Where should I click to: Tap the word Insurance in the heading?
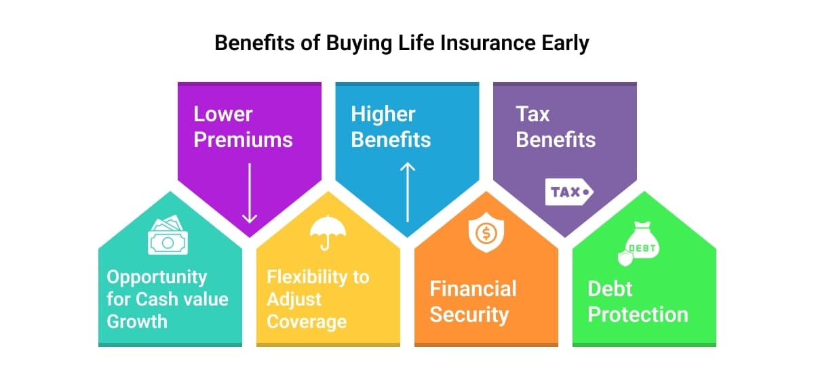tap(488, 43)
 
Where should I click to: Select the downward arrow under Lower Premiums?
tap(250, 193)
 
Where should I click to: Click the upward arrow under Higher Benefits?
tap(408, 192)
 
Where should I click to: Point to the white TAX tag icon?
tap(569, 192)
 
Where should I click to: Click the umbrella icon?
tap(328, 233)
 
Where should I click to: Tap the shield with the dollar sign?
tap(486, 233)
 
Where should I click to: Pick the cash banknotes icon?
tap(168, 234)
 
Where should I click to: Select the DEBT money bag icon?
tap(638, 243)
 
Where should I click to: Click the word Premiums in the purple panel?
tap(243, 140)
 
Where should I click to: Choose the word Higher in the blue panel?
tap(383, 115)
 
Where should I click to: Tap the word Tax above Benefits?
tap(532, 114)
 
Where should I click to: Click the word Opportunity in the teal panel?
tap(157, 278)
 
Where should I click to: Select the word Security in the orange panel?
tap(469, 315)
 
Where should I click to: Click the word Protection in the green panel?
tap(638, 314)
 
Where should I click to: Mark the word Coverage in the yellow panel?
tap(307, 322)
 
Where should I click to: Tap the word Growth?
tap(137, 321)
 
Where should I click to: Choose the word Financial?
tap(473, 289)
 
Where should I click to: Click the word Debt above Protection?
tap(610, 289)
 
